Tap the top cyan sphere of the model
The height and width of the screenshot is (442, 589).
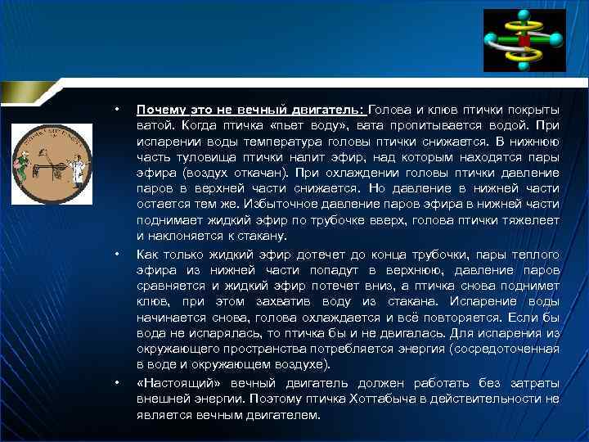coord(521,16)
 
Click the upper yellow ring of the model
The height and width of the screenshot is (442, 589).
coord(521,28)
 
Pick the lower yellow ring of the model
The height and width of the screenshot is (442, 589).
coord(521,55)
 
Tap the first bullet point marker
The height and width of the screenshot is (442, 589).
coord(118,110)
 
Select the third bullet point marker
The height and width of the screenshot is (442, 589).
coord(118,383)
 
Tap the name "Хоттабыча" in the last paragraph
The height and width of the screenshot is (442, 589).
coord(421,399)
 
